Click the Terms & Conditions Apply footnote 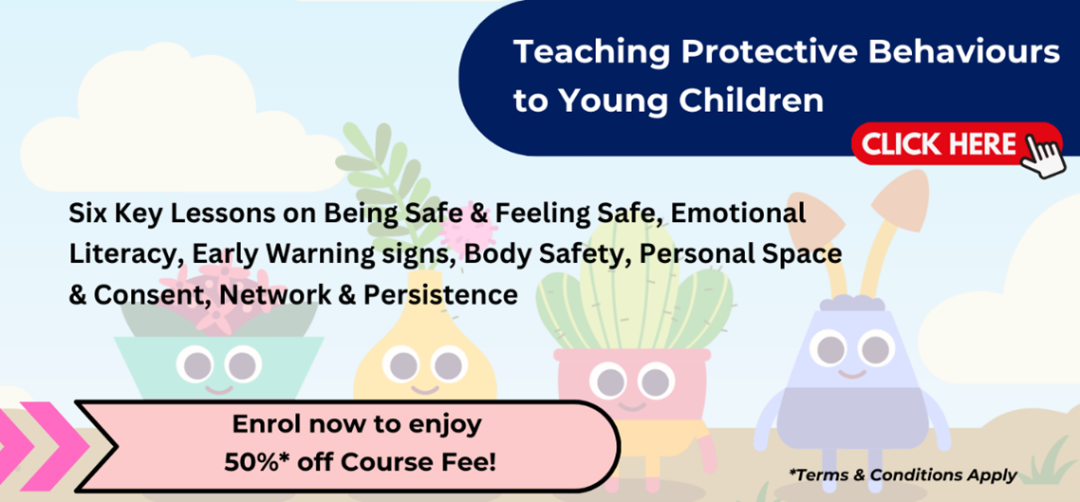[x=903, y=474]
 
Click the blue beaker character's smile [x=851, y=373]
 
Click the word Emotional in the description [x=738, y=213]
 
